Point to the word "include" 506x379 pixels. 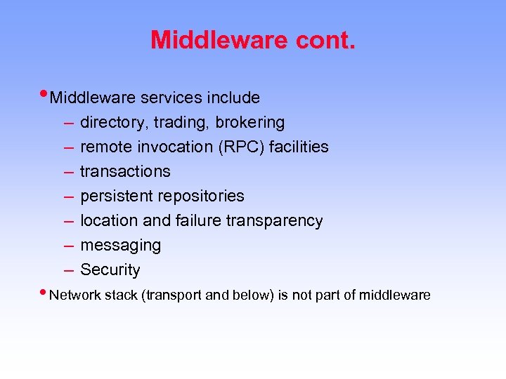[234, 98]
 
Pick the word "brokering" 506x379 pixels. [250, 123]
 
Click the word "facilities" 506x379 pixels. [299, 147]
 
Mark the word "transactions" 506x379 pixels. [125, 172]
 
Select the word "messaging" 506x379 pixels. [120, 246]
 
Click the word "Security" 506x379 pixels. [110, 270]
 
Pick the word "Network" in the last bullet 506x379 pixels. [74, 295]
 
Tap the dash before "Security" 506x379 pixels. [68, 270]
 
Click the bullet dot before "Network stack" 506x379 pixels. [44, 293]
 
